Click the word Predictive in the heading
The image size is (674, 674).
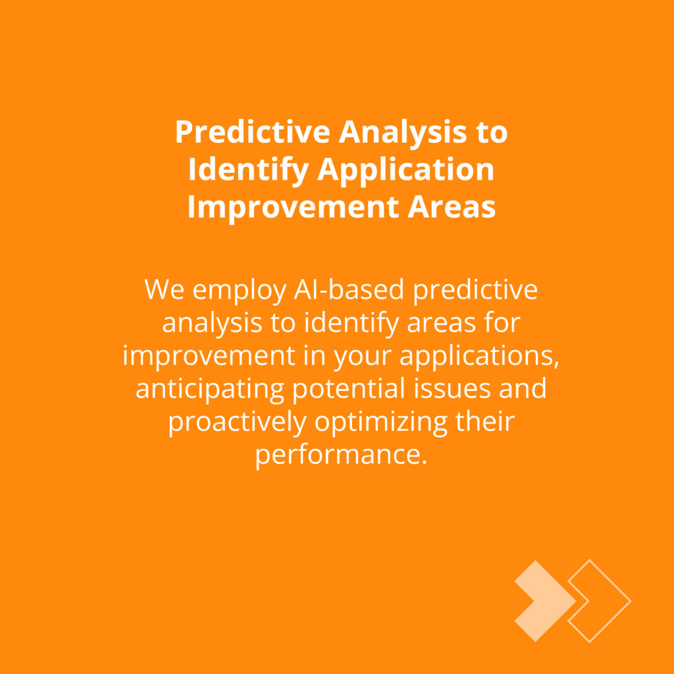tap(252, 132)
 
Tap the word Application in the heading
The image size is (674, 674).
tap(405, 170)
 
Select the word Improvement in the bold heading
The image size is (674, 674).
tap(293, 207)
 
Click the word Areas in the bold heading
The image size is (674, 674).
tap(452, 207)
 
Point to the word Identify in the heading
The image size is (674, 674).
tap(248, 170)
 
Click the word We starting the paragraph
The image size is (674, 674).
tap(164, 290)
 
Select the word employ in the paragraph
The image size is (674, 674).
tap(239, 292)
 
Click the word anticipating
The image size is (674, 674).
tap(209, 390)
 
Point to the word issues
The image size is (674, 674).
tap(452, 388)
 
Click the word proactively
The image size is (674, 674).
tap(237, 423)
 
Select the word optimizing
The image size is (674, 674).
tap(381, 423)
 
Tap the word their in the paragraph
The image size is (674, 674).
tap(485, 421)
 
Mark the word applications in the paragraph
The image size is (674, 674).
tap(479, 357)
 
